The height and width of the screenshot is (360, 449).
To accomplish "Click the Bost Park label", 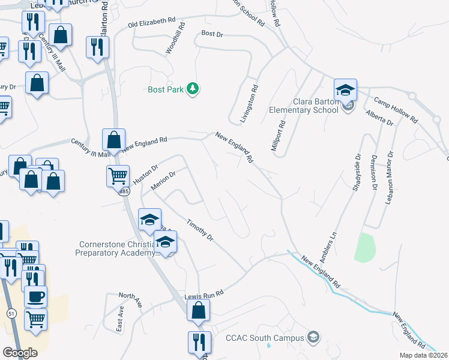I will click(x=165, y=89).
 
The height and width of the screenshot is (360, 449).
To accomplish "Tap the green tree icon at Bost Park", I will click(x=193, y=89).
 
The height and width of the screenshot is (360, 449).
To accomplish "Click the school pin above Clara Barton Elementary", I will click(x=346, y=91).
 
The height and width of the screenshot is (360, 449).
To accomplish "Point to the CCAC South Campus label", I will click(x=264, y=338).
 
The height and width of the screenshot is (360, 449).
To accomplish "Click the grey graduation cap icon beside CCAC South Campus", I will click(x=312, y=337).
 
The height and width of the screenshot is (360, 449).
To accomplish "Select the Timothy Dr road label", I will click(x=200, y=229).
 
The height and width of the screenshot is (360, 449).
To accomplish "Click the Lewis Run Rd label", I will click(x=204, y=295).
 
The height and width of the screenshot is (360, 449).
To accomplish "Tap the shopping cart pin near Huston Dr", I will click(x=118, y=177).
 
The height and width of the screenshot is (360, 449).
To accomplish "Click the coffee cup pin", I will click(x=35, y=296).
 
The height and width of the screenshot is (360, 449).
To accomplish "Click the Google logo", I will click(x=20, y=352).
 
